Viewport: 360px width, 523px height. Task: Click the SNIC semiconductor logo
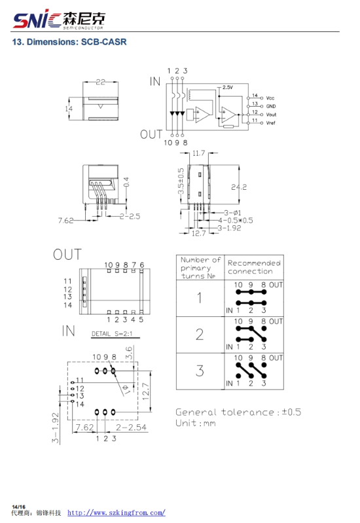pyautogui.click(x=59, y=20)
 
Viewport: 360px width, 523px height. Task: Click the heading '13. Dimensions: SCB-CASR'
pyautogui.click(x=69, y=42)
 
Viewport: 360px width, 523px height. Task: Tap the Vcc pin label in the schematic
pyautogui.click(x=270, y=98)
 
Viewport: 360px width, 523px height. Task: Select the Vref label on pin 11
pyautogui.click(x=270, y=123)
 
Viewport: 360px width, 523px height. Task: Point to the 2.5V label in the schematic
pyautogui.click(x=228, y=88)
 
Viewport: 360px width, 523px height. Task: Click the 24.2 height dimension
pyautogui.click(x=239, y=187)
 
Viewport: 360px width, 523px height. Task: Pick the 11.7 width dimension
pyautogui.click(x=198, y=153)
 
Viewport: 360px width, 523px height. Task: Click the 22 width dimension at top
pyautogui.click(x=100, y=82)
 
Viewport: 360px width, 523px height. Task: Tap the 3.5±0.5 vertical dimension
pyautogui.click(x=181, y=181)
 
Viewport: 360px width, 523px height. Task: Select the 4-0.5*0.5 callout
pyautogui.click(x=236, y=221)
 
